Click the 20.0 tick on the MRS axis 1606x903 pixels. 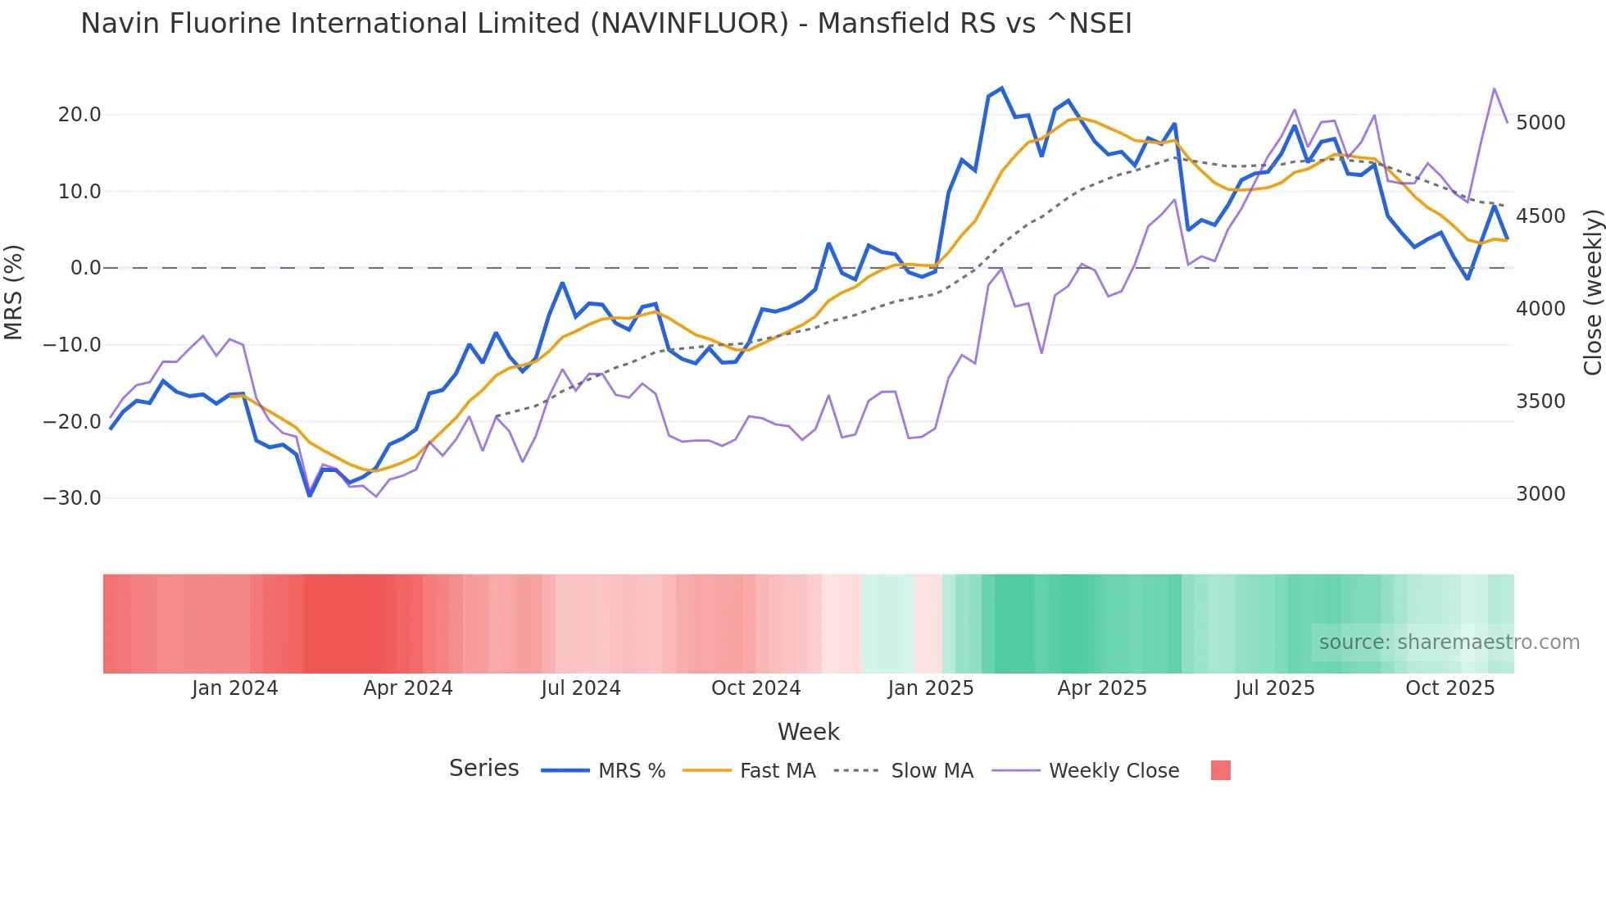79,115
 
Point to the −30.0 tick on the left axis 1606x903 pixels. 72,498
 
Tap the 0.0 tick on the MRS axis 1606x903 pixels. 85,268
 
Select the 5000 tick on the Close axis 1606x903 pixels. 1540,123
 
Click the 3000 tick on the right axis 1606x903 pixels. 1540,494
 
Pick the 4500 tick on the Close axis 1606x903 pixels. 1540,216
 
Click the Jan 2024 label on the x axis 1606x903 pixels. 234,688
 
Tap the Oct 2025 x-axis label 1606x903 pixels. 1449,688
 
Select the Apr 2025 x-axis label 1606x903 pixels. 1101,688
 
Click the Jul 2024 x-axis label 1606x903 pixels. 580,688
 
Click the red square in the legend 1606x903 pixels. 1220,770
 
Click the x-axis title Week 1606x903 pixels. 808,732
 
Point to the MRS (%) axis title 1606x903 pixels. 14,292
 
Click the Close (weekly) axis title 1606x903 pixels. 1592,292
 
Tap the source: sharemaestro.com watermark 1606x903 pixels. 1449,642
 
